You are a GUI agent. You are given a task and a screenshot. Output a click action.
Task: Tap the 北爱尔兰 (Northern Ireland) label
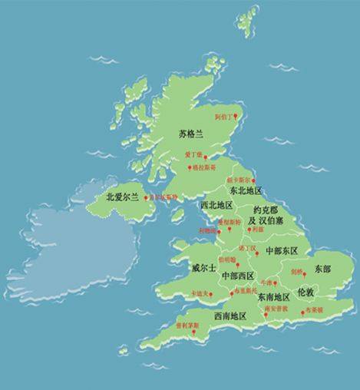[x=122, y=197]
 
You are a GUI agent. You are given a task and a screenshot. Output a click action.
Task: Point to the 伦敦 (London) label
[x=306, y=292]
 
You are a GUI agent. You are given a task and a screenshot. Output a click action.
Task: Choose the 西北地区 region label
[x=216, y=206]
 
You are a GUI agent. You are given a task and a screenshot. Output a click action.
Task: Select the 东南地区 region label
[x=272, y=296]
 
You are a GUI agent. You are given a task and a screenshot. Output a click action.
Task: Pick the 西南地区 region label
[x=230, y=316]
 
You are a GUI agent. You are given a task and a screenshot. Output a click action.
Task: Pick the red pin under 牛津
[x=274, y=283]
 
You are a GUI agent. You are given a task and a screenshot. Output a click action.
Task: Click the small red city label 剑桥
[x=296, y=272]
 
